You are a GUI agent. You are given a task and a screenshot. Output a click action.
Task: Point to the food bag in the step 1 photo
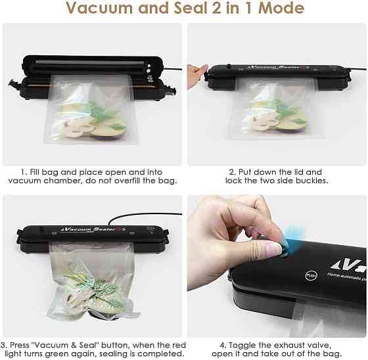[92, 112]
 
